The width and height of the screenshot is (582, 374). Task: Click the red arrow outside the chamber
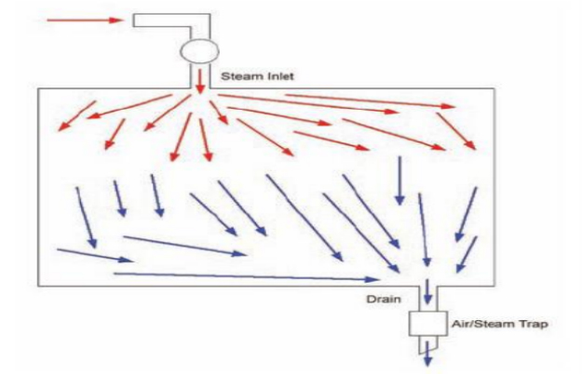click(84, 19)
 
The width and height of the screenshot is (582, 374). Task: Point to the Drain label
click(383, 299)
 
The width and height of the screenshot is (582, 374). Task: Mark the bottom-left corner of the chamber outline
click(37, 285)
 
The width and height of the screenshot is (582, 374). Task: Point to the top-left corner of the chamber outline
click(37, 88)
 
